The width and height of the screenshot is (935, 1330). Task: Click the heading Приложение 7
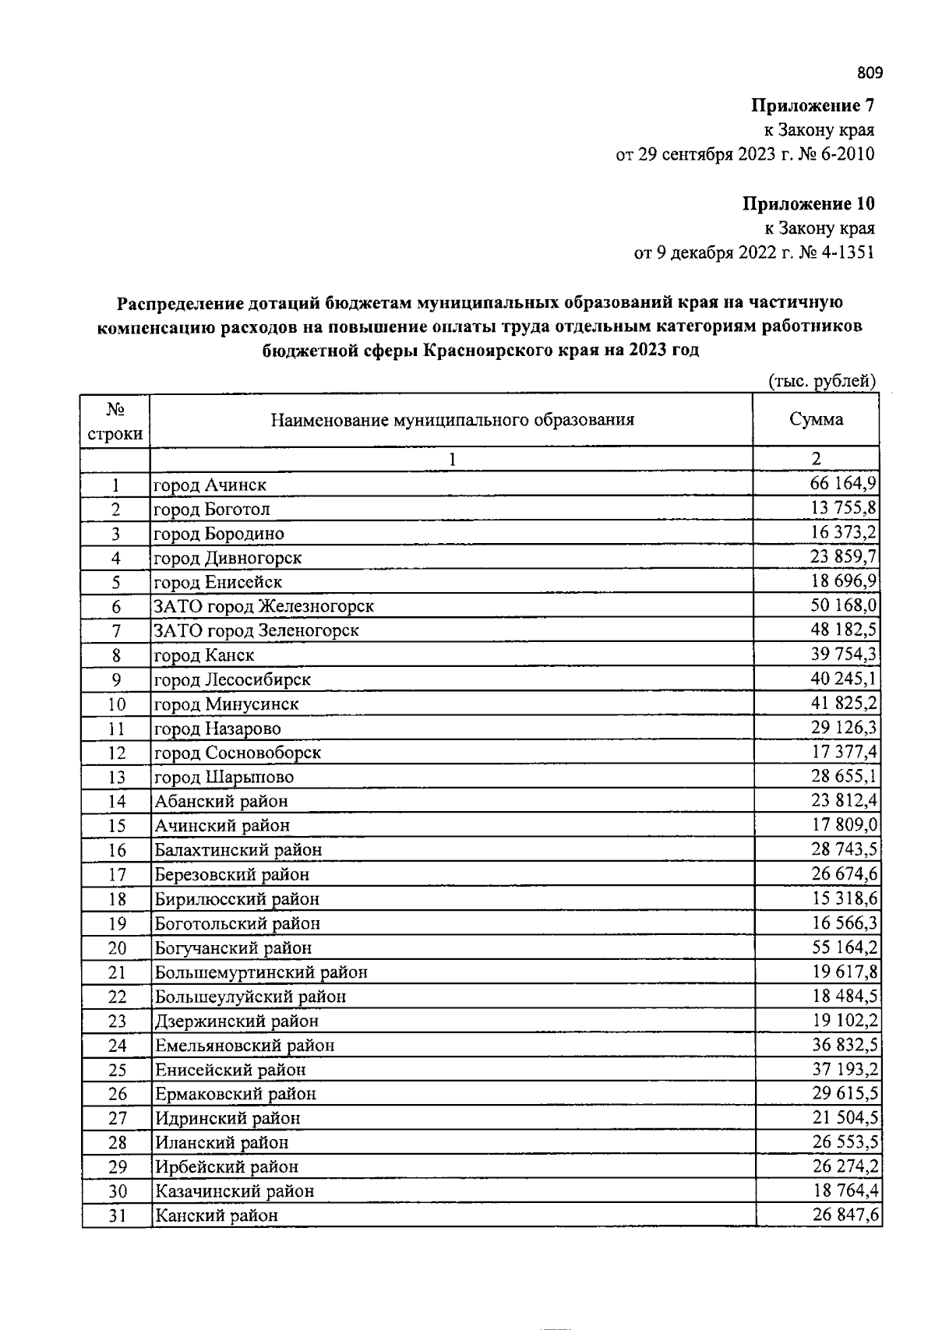(812, 105)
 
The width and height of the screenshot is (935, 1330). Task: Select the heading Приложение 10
(808, 204)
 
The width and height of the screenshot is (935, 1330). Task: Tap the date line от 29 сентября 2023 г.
(745, 154)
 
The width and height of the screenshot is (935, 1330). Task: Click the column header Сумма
(816, 419)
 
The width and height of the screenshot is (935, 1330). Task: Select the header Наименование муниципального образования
(452, 420)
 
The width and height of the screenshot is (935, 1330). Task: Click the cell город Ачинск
(210, 485)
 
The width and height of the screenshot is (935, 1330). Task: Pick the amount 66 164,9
(843, 483)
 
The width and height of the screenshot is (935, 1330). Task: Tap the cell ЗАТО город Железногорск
(264, 606)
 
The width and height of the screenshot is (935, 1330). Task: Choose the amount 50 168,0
(843, 605)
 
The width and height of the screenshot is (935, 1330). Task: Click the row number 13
(116, 777)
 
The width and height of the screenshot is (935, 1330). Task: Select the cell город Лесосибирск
(232, 679)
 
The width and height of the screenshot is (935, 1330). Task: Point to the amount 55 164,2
(843, 947)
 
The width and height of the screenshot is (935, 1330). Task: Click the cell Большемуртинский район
(261, 972)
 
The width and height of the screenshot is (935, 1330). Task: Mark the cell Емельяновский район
(245, 1046)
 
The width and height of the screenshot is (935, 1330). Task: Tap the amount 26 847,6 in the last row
(843, 1215)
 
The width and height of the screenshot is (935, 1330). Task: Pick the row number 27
(117, 1118)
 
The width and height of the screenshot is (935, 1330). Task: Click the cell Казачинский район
(235, 1191)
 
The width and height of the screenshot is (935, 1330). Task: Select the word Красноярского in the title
(489, 351)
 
